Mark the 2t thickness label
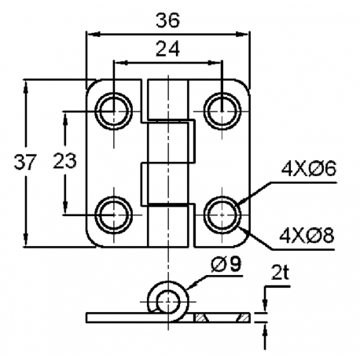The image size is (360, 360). [281, 274]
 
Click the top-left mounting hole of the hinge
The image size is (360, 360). [113, 108]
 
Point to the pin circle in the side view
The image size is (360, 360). [167, 299]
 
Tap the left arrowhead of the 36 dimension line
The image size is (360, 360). [90, 34]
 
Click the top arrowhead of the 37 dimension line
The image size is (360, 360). [28, 83]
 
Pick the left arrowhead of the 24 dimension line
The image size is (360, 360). [118, 61]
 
